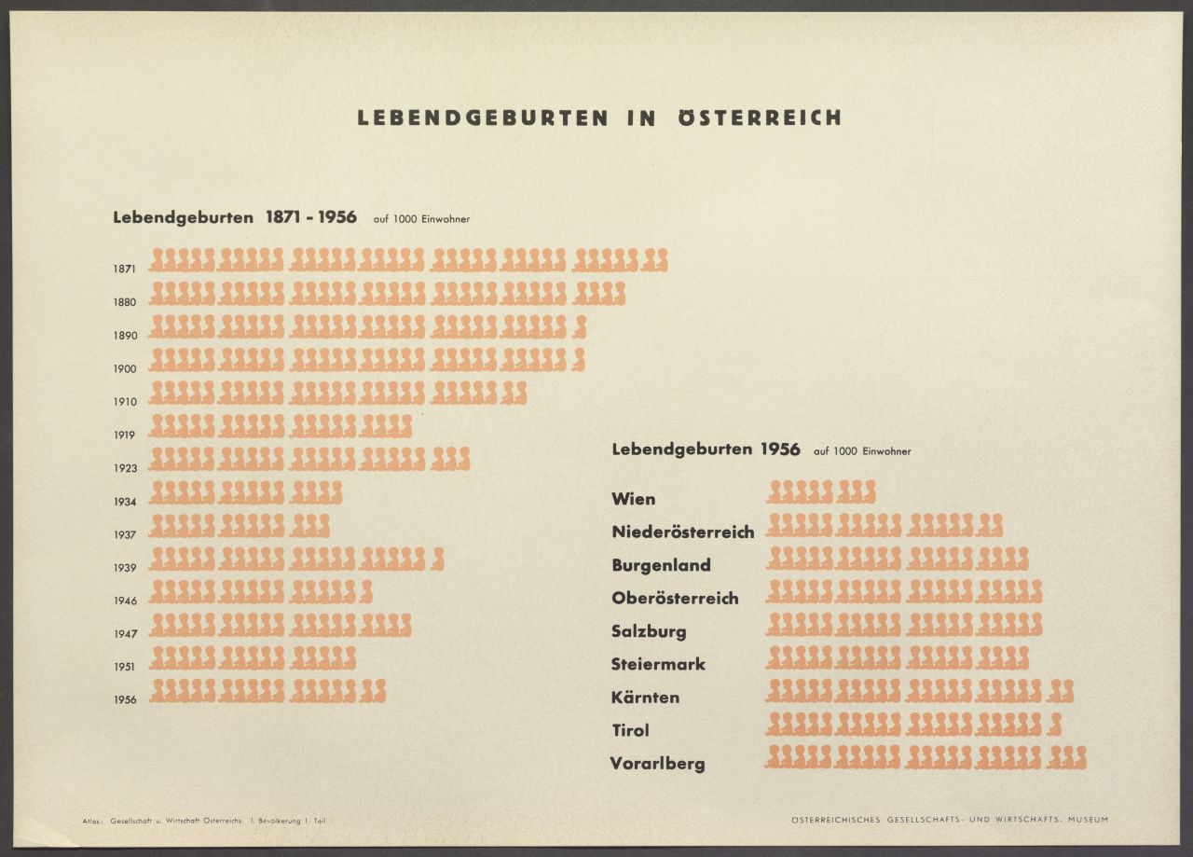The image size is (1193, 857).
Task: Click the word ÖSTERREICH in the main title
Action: (x=760, y=117)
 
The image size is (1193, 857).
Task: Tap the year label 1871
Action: (x=125, y=269)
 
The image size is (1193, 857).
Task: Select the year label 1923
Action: (x=125, y=468)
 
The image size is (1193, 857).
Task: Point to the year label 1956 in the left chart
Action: (x=125, y=700)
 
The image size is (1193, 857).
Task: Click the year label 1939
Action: (x=125, y=568)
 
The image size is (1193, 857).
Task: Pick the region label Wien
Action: (x=633, y=499)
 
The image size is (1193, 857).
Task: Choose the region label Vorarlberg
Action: (x=657, y=764)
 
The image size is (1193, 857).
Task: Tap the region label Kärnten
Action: (x=645, y=698)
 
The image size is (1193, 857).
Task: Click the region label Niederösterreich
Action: (x=682, y=532)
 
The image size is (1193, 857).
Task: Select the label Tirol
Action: (x=630, y=730)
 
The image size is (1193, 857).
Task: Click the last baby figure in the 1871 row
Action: (x=661, y=260)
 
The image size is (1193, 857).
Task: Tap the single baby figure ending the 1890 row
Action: (x=580, y=326)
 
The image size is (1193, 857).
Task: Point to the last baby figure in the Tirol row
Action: (x=1055, y=724)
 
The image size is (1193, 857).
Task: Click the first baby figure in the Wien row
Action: (x=773, y=491)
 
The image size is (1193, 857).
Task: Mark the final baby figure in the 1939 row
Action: (x=438, y=559)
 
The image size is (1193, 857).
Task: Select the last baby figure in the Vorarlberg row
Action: (x=1079, y=757)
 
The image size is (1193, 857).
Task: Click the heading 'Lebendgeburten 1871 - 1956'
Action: (x=235, y=217)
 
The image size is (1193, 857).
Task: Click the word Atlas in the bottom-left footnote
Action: (x=93, y=821)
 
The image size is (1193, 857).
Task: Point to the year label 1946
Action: (x=125, y=601)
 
